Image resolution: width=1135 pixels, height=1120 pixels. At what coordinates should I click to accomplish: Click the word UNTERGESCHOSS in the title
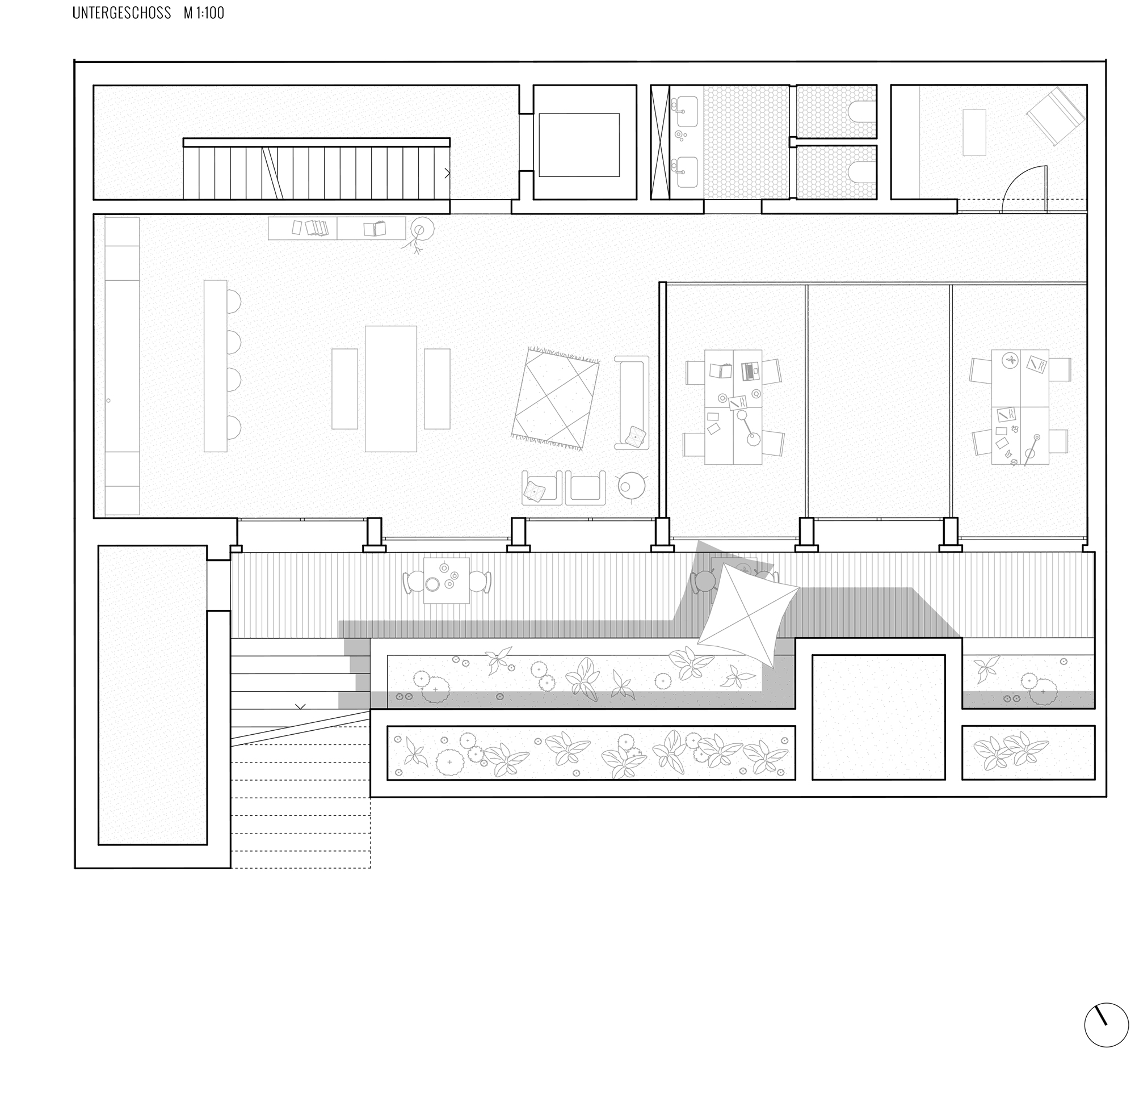(x=121, y=13)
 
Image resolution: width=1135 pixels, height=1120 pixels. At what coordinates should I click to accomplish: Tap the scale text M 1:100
(x=204, y=13)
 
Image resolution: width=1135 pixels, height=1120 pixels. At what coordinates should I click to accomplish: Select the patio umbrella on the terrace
(x=747, y=614)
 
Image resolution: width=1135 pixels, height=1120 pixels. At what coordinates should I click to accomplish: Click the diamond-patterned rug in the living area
(x=556, y=399)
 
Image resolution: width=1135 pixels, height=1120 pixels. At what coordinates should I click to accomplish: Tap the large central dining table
(x=390, y=389)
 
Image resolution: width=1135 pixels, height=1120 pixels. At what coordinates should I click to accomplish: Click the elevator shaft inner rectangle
(x=579, y=145)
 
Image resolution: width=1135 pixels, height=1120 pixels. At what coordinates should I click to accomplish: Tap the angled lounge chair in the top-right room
(x=1056, y=116)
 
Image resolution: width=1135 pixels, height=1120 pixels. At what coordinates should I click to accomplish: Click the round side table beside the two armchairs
(x=631, y=486)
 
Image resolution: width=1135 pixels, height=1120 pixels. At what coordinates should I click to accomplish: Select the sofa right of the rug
(x=632, y=402)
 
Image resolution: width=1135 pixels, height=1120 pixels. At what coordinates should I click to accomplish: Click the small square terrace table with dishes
(x=447, y=580)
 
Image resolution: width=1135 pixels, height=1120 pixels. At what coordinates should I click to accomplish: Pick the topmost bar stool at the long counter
(x=234, y=302)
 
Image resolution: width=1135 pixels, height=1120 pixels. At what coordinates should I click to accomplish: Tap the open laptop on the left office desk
(x=749, y=371)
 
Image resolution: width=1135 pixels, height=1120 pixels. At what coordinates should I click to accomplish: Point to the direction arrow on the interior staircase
(x=447, y=174)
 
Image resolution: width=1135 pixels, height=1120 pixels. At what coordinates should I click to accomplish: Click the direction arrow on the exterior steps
(x=300, y=706)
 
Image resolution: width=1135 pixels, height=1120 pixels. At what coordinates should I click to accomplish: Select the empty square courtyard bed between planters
(x=878, y=717)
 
